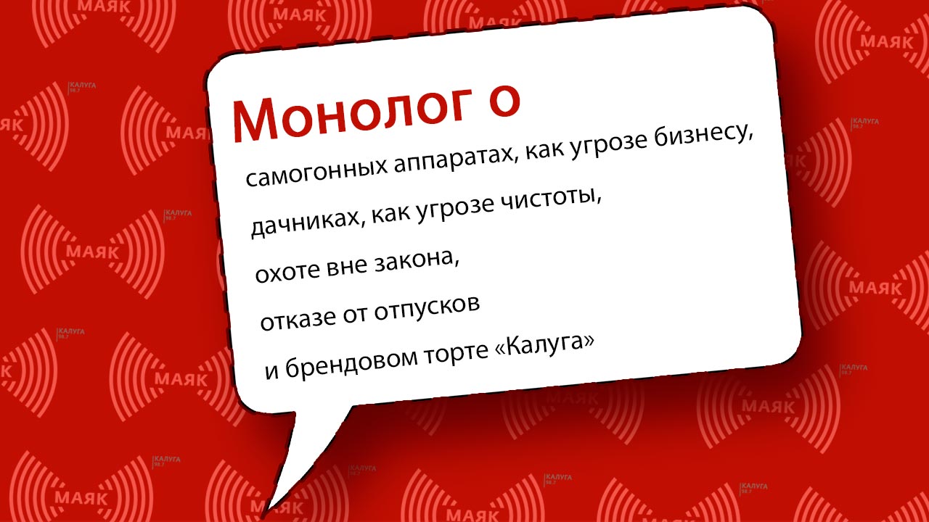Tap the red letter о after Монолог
[504, 101]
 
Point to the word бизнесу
[704, 136]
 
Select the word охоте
[288, 271]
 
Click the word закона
[417, 261]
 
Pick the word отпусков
[427, 310]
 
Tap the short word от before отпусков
[355, 315]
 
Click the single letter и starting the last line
[271, 371]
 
